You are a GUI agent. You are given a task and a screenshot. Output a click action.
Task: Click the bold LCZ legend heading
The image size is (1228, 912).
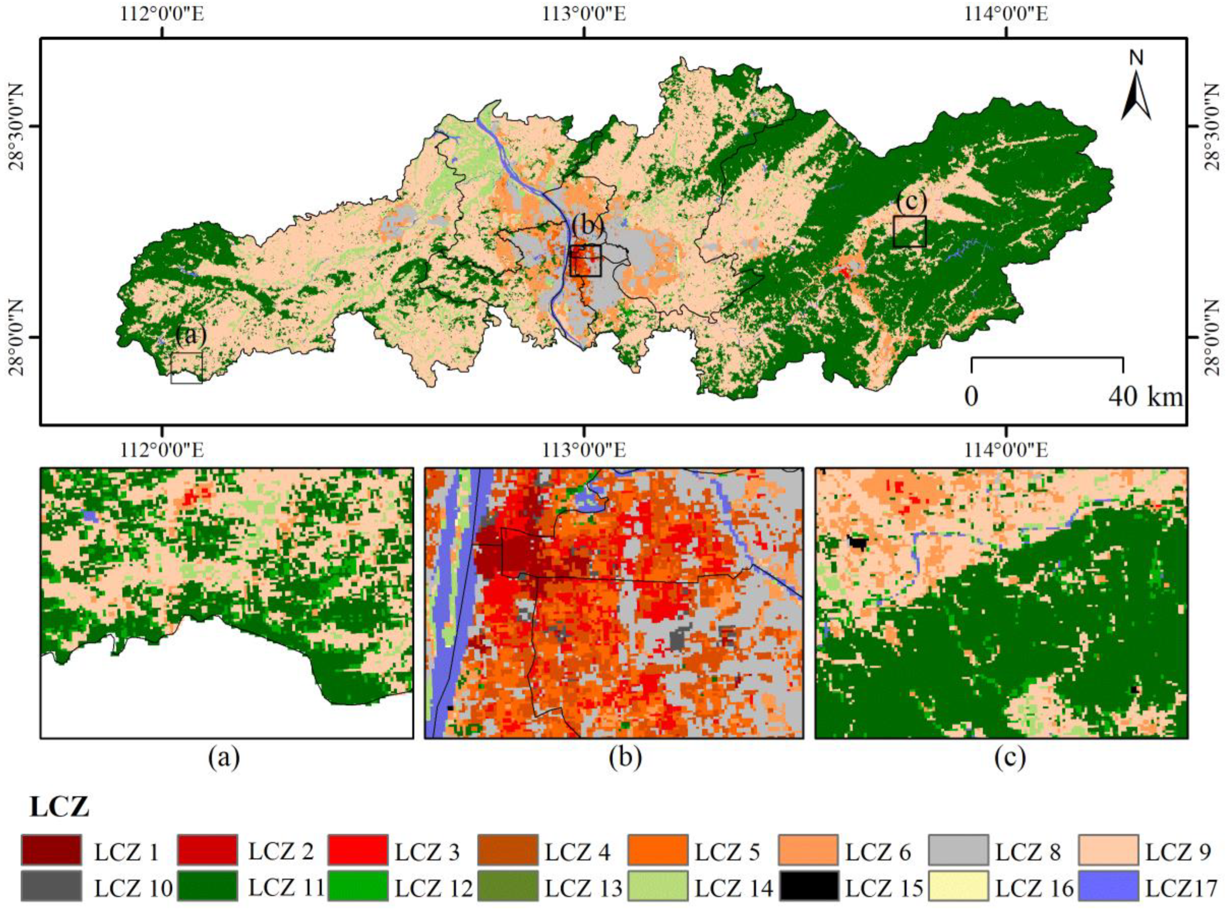[59, 808]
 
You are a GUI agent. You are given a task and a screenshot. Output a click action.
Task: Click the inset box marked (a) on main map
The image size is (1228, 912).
[187, 368]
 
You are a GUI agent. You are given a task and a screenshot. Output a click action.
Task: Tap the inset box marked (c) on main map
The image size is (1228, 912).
[910, 231]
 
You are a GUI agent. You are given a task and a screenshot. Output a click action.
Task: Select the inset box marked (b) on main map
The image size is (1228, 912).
[585, 261]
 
